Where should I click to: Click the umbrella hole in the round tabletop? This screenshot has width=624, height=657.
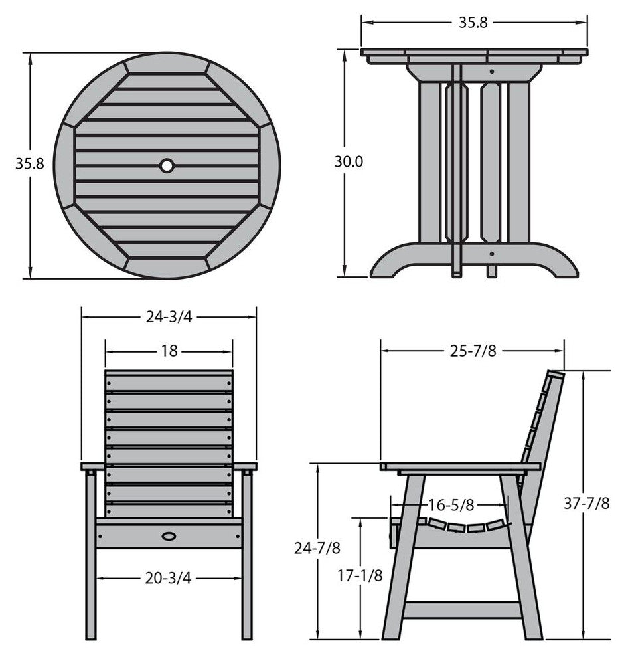(167, 166)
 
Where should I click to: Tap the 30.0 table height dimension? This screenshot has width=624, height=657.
(349, 161)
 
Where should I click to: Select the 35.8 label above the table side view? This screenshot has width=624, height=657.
(473, 22)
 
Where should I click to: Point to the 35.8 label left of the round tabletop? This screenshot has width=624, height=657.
(30, 163)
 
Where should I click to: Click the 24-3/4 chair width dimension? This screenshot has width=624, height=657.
(169, 317)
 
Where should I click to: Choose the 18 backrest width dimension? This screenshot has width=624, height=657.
(169, 351)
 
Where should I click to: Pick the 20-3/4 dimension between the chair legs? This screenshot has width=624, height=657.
(168, 578)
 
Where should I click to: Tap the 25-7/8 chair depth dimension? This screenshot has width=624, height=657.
(473, 351)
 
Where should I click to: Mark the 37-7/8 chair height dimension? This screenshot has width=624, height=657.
(586, 502)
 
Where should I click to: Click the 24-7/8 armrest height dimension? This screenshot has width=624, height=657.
(317, 548)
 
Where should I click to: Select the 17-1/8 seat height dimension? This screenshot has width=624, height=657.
(360, 576)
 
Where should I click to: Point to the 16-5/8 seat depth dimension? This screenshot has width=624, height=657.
(451, 505)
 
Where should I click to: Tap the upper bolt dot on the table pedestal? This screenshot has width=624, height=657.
(492, 72)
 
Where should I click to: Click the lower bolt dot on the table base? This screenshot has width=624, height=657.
(492, 254)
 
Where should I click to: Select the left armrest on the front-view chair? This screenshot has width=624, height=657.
(92, 466)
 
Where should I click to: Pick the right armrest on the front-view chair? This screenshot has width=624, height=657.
(245, 466)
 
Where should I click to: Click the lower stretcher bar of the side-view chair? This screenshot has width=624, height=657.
(463, 610)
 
